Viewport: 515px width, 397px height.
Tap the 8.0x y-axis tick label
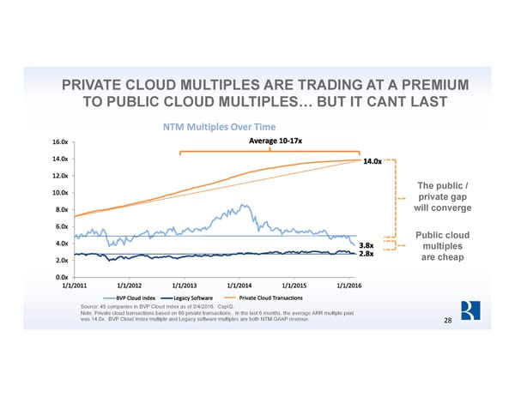point(63,209)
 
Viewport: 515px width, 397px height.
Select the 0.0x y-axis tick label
point(63,277)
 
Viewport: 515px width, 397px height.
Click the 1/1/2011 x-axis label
point(76,286)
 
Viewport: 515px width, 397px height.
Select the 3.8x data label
point(366,244)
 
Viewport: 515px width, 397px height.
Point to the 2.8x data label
point(366,255)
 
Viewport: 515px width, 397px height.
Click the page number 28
point(447,320)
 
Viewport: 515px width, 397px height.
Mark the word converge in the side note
point(449,208)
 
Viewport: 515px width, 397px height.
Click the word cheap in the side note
point(451,261)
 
